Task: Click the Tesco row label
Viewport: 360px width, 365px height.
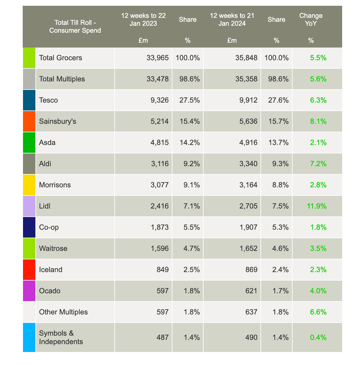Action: click(x=48, y=100)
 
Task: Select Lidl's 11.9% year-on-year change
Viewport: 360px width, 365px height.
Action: click(x=317, y=206)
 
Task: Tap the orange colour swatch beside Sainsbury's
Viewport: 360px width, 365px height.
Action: click(x=29, y=121)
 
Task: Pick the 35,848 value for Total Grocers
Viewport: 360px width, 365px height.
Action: click(x=246, y=58)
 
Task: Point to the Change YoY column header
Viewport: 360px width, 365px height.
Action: click(x=311, y=19)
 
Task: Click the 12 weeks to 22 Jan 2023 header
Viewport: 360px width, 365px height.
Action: click(x=143, y=19)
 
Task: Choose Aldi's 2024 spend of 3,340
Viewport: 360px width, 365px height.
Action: click(x=246, y=164)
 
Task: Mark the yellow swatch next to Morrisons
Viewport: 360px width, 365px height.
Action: click(x=29, y=185)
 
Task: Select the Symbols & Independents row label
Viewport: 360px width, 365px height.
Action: click(x=61, y=337)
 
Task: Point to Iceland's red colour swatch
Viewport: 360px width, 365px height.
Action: click(x=29, y=270)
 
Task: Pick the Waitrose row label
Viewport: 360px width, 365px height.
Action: click(x=53, y=248)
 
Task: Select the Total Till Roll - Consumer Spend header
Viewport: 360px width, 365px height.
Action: click(x=75, y=26)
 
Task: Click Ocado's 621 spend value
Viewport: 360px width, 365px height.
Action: click(x=251, y=291)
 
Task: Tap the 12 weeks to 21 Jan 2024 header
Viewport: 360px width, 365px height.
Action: click(x=232, y=19)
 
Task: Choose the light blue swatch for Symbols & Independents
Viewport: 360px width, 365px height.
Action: click(x=29, y=337)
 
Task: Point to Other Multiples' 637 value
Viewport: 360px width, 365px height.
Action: click(x=251, y=312)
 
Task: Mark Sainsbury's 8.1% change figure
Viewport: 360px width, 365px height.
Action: click(x=319, y=121)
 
